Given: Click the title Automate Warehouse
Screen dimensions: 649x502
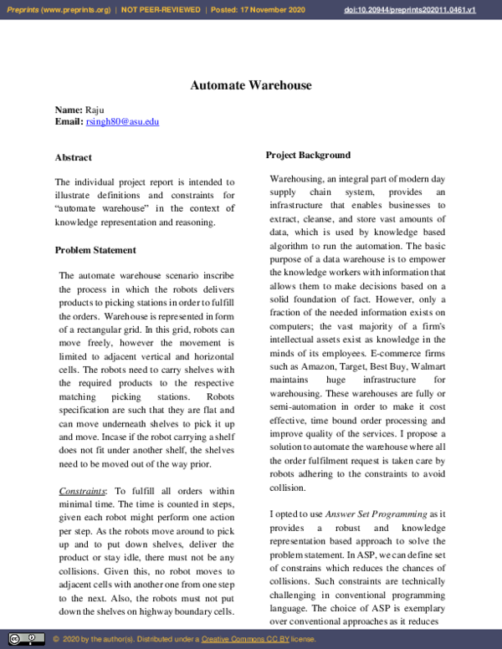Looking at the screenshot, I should pos(250,85).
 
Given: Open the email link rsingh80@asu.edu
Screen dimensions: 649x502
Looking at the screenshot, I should pos(122,121).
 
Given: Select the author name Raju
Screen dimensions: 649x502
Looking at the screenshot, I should pos(95,110).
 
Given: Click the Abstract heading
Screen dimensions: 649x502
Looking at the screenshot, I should pos(74,157).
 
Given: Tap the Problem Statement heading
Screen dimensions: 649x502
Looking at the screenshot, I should pos(95,250).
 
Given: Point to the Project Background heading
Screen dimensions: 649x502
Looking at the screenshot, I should pos(308,155).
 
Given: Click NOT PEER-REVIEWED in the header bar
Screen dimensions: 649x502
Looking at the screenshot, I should pos(160,10).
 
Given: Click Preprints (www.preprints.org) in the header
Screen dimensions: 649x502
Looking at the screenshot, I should pos(58,10).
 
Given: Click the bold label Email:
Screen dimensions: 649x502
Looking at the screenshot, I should pos(69,121).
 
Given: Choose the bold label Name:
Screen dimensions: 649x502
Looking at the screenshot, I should pos(69,110).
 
